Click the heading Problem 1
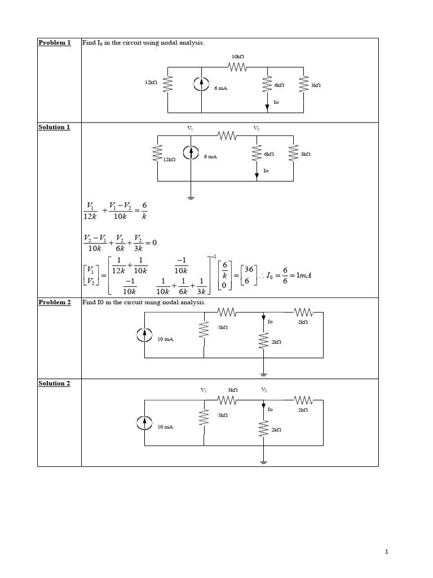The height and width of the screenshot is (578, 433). [55, 42]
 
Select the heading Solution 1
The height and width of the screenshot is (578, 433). [54, 127]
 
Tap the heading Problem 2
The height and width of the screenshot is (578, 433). [55, 302]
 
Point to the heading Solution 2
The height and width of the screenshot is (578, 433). [54, 383]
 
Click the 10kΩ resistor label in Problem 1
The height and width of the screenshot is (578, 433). [238, 56]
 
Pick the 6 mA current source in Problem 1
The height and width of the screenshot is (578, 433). [201, 85]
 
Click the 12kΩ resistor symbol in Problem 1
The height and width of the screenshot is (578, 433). [168, 85]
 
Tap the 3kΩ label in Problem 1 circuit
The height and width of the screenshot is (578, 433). [316, 85]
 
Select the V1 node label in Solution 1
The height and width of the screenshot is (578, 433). [190, 128]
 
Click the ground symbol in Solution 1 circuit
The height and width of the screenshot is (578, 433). [191, 198]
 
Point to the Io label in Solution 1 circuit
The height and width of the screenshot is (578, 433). [266, 170]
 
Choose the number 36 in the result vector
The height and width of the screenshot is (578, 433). [249, 269]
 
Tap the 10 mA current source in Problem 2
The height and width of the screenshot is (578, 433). [144, 335]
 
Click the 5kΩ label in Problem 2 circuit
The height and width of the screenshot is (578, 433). [223, 327]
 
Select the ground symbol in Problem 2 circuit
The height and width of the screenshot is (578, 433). [263, 375]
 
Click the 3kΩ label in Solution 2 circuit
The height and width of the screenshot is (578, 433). [233, 389]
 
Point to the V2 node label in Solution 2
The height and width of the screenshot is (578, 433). [264, 390]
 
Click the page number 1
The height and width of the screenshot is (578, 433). [387, 552]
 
